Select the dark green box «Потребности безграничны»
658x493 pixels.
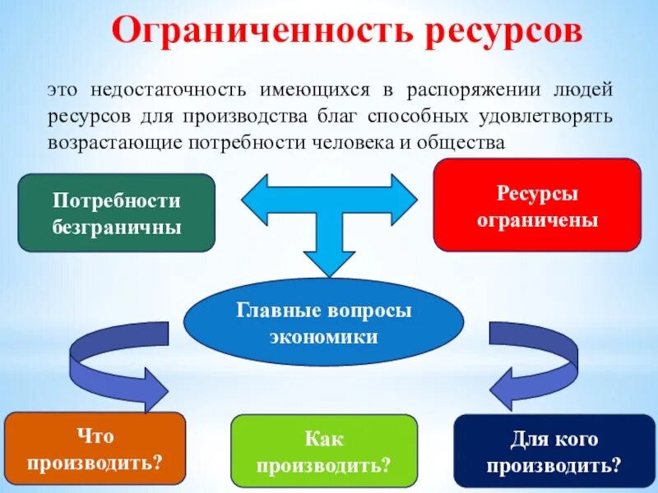pos(116,213)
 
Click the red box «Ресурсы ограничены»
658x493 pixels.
pos(536,205)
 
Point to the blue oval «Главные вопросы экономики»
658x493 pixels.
pos(323,322)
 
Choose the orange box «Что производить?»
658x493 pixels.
pos(95,449)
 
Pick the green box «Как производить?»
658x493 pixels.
pos(324,453)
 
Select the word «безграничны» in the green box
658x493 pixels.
pos(116,226)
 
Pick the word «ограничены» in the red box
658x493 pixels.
pos(536,220)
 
